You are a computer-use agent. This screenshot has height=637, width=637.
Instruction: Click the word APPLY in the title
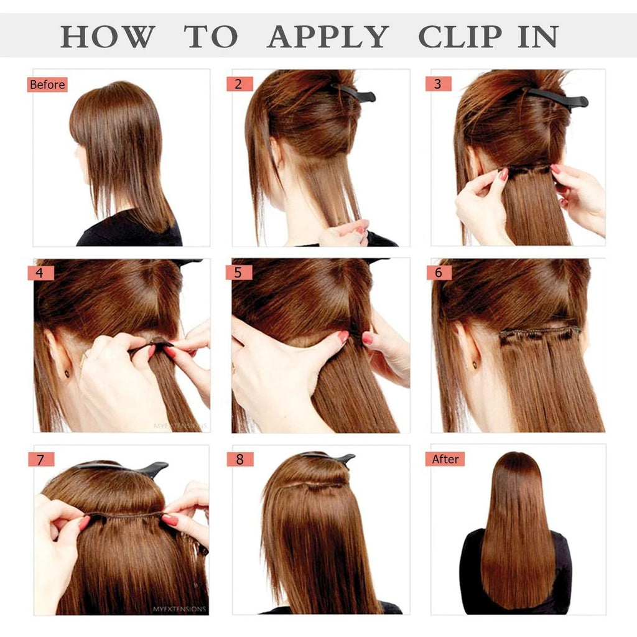click(x=327, y=37)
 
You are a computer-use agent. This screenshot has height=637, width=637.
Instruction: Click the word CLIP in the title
click(x=458, y=37)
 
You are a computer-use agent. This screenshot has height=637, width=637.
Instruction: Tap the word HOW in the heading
click(x=107, y=37)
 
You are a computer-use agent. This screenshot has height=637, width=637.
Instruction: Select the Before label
click(x=47, y=85)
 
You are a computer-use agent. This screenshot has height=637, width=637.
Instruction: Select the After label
click(x=445, y=459)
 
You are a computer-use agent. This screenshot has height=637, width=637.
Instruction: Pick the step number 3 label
click(x=438, y=84)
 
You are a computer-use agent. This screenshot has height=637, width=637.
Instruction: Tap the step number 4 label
click(x=40, y=272)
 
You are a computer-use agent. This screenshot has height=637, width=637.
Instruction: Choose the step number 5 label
click(x=239, y=272)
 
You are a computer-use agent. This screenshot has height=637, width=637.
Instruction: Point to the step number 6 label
click(x=439, y=272)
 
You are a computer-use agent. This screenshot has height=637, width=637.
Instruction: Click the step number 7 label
click(x=40, y=460)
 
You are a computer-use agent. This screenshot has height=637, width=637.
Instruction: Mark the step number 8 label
click(x=239, y=460)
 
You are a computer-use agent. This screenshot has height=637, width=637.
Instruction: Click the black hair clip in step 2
click(x=356, y=93)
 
